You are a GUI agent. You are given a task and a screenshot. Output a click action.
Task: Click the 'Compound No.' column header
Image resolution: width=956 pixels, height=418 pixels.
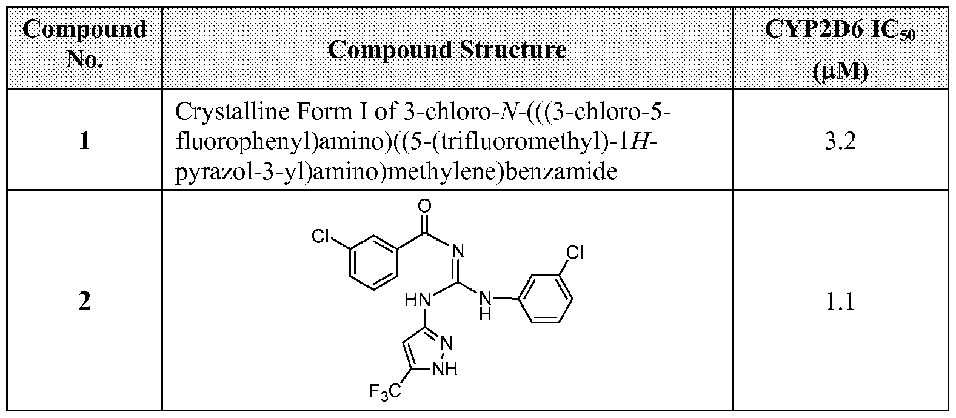tap(84, 44)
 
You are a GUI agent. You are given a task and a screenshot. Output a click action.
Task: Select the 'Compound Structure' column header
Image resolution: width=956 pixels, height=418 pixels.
tap(447, 49)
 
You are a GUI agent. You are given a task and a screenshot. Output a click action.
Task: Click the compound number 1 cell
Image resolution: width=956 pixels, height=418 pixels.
tap(84, 141)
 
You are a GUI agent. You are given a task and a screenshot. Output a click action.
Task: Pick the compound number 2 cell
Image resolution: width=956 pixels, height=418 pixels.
tap(84, 302)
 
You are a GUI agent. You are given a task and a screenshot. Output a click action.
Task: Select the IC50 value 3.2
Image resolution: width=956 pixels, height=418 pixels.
tap(840, 141)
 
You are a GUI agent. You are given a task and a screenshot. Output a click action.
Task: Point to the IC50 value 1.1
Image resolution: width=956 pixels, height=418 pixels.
tap(840, 302)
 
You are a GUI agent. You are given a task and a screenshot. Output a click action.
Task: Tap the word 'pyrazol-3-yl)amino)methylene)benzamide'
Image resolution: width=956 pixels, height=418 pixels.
tap(396, 171)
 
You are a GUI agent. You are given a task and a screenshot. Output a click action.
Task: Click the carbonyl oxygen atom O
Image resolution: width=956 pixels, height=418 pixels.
tap(424, 206)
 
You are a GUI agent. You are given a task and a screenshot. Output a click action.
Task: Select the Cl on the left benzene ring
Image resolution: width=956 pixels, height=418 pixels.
tap(321, 236)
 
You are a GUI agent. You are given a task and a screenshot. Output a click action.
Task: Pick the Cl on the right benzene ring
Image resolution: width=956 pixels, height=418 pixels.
tap(575, 253)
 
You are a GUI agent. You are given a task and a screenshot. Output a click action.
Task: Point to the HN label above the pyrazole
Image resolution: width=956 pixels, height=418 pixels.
tap(418, 300)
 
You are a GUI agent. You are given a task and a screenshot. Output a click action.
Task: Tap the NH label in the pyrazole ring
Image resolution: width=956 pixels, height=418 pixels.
tap(445, 368)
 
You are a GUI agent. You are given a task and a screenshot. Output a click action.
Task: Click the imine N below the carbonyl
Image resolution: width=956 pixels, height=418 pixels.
tap(458, 250)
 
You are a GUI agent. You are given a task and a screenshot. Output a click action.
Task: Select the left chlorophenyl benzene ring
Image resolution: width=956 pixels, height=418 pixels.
tap(374, 262)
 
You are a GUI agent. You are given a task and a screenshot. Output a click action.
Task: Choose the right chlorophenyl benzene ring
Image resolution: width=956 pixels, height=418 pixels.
tap(546, 299)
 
